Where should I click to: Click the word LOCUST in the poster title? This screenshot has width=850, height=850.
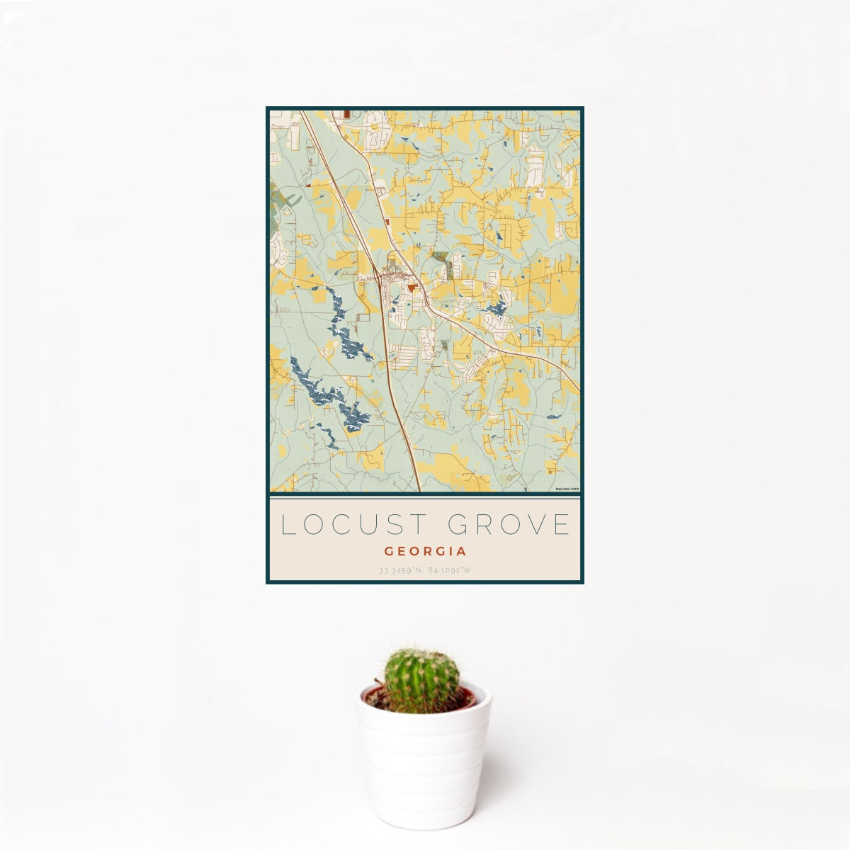(x=353, y=525)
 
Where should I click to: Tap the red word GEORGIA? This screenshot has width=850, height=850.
(x=425, y=551)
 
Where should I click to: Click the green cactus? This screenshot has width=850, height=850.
(x=421, y=680)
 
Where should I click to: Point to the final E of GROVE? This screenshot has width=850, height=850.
(x=562, y=525)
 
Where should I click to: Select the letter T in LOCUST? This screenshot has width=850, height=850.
(x=419, y=525)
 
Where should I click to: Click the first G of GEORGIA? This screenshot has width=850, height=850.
(x=390, y=551)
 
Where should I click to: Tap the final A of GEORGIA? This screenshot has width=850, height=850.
(x=461, y=551)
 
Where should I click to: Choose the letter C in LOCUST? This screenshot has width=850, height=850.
(x=340, y=525)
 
